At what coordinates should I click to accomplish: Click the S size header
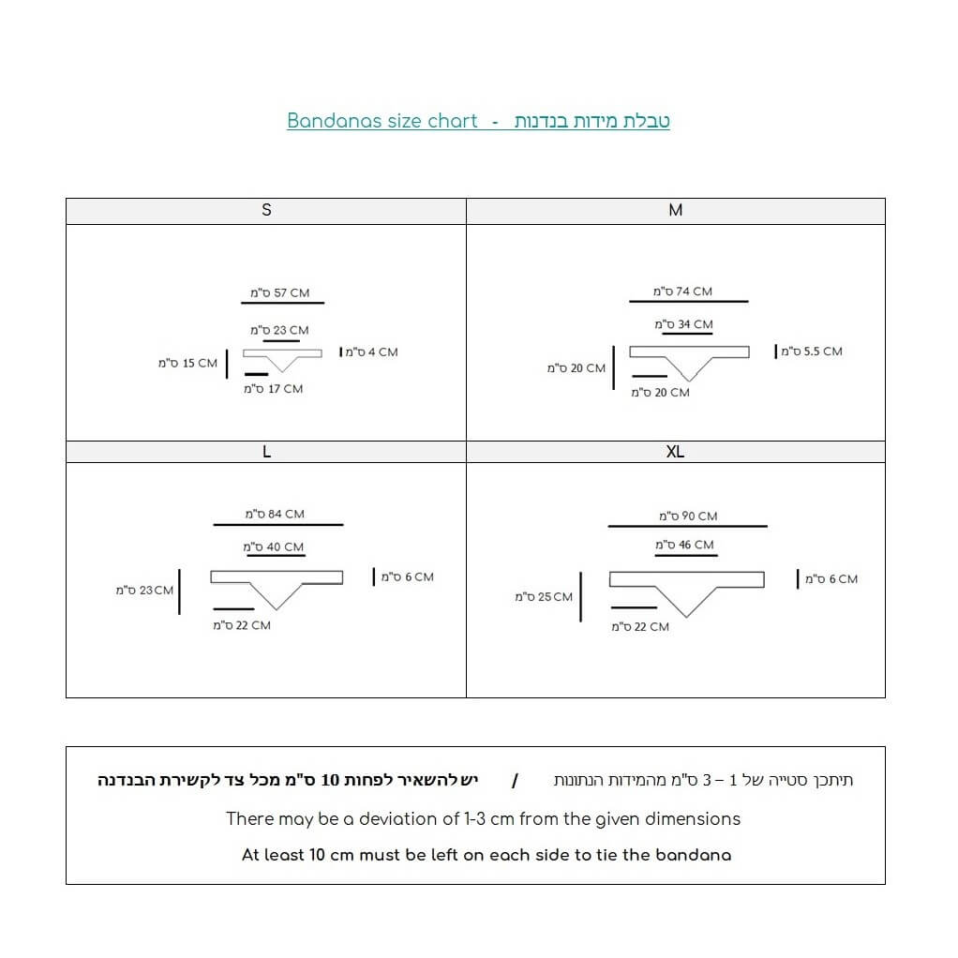pyautogui.click(x=266, y=210)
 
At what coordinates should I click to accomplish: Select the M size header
pyautogui.click(x=675, y=210)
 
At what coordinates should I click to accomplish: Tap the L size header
pyautogui.click(x=266, y=452)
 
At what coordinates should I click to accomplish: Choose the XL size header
pyautogui.click(x=675, y=452)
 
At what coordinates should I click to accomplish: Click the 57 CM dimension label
pyautogui.click(x=280, y=292)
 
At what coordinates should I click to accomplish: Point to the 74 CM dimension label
pyautogui.click(x=682, y=292)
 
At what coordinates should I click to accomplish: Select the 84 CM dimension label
pyautogui.click(x=275, y=514)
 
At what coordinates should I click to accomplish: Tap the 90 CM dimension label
pyautogui.click(x=688, y=516)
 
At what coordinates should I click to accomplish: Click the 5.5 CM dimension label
pyautogui.click(x=812, y=352)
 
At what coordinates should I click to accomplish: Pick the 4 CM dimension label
pyautogui.click(x=371, y=352)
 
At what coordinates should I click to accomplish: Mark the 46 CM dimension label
pyautogui.click(x=684, y=545)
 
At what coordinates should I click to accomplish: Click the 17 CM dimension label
pyautogui.click(x=273, y=389)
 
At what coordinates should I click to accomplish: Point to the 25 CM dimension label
pyautogui.click(x=544, y=596)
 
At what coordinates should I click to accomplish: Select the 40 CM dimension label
pyautogui.click(x=273, y=546)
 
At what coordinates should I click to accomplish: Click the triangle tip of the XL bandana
pyautogui.click(x=686, y=617)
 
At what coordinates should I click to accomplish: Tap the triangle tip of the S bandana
pyautogui.click(x=282, y=371)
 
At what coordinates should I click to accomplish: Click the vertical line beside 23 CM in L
pyautogui.click(x=179, y=591)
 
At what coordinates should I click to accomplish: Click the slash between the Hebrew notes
pyautogui.click(x=515, y=780)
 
